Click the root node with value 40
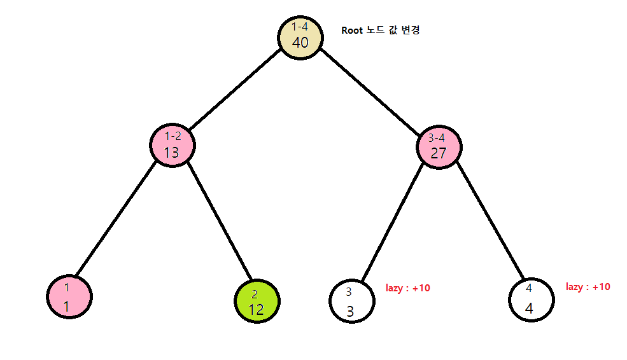[300, 37]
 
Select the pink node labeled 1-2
[173, 145]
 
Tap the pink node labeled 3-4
[439, 147]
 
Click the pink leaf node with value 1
[69, 296]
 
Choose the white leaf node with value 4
[532, 300]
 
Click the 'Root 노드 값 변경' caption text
[381, 30]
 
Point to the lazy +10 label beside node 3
[408, 288]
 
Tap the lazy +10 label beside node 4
[588, 287]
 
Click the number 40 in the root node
[300, 43]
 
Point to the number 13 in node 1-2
[172, 153]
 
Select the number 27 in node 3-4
[439, 153]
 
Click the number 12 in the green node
[257, 310]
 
